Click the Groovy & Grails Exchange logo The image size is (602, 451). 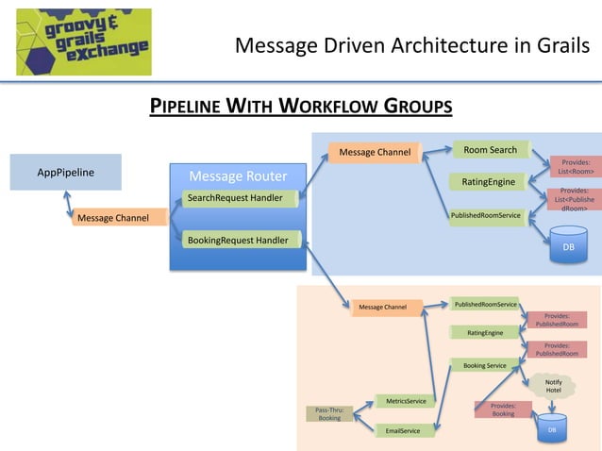pos(83,40)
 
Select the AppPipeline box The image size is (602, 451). pos(65,173)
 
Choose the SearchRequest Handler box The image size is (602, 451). pos(241,197)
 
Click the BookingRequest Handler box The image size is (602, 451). pos(241,240)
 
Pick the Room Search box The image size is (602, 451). pos(490,150)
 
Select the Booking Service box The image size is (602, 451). pos(484,365)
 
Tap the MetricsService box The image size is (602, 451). pos(406,401)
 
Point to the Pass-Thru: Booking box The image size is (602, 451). pos(329,413)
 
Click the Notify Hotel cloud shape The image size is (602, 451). pos(553,385)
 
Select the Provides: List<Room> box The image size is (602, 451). pos(575,167)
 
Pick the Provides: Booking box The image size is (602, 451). pos(503,409)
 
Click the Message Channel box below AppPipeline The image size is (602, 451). pos(113,218)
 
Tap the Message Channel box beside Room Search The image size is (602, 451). pos(375,152)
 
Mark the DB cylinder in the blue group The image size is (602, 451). pos(568,245)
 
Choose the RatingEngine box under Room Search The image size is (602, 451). pos(488,181)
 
